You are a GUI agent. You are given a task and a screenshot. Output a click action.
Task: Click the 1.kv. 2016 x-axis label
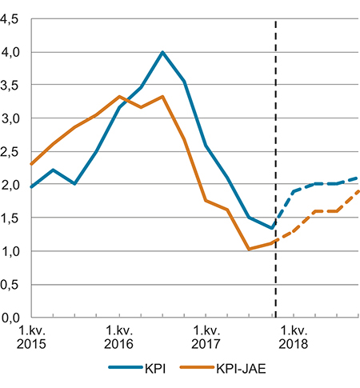coord(119,337)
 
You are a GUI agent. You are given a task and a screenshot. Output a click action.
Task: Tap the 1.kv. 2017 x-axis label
coord(206,337)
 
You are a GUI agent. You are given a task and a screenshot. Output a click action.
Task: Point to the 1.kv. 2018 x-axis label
coord(294,337)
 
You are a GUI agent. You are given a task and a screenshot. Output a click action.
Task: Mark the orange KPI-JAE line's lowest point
coord(250,249)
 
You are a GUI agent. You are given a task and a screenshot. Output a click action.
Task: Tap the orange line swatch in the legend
coord(195,369)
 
